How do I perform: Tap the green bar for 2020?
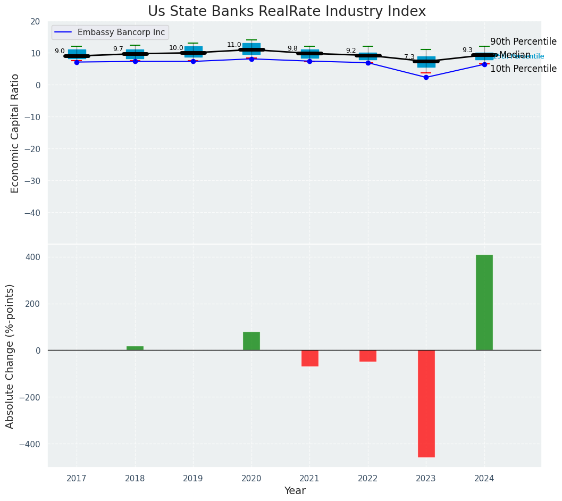click(251, 341)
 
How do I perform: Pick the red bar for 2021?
click(309, 358)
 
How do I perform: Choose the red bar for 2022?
click(368, 356)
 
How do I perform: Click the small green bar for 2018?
click(135, 348)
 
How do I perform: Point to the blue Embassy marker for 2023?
click(426, 77)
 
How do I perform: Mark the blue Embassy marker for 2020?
click(251, 59)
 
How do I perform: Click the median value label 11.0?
click(234, 45)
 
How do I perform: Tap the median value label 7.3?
click(409, 57)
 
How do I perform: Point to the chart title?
click(287, 11)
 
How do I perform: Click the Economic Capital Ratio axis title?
click(15, 133)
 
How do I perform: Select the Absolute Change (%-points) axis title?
click(10, 356)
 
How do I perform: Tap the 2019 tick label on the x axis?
click(193, 478)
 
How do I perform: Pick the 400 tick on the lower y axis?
click(33, 257)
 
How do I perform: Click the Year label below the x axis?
click(295, 491)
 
